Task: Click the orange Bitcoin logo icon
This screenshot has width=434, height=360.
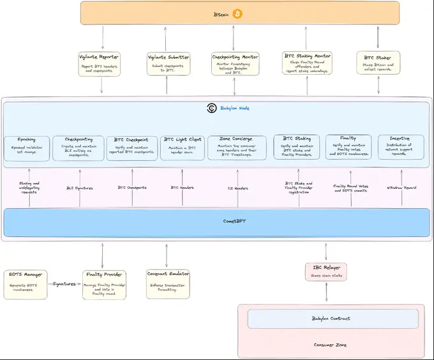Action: click(x=237, y=13)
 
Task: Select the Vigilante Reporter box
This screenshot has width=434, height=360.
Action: click(x=100, y=64)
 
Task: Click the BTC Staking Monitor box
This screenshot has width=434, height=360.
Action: click(x=306, y=63)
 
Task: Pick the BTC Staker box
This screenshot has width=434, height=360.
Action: click(x=378, y=63)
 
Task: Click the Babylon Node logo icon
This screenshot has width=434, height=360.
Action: click(x=212, y=108)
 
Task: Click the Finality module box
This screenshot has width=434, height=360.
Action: click(x=348, y=146)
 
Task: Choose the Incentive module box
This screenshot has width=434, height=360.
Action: click(x=401, y=146)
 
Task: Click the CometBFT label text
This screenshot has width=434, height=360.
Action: click(x=217, y=221)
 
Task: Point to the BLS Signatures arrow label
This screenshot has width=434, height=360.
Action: click(x=80, y=188)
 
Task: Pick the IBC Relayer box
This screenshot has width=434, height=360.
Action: click(x=326, y=271)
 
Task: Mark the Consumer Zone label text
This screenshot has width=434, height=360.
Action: click(x=331, y=345)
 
